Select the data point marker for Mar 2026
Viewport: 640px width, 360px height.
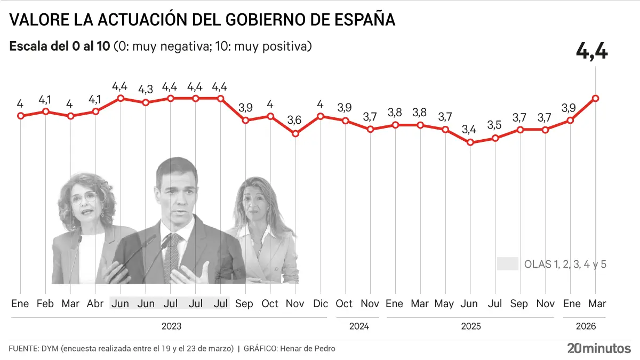595,98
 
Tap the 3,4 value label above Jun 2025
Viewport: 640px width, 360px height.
469,129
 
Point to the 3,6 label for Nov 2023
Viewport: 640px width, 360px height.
294,120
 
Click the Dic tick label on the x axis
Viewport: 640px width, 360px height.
320,303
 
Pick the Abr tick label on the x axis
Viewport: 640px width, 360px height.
95,303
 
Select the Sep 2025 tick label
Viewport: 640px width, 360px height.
519,303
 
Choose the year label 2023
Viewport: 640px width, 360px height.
171,326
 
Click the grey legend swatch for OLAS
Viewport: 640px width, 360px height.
507,264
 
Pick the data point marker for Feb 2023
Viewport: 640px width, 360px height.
46,111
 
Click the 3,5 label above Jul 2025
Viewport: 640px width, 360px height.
494,125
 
